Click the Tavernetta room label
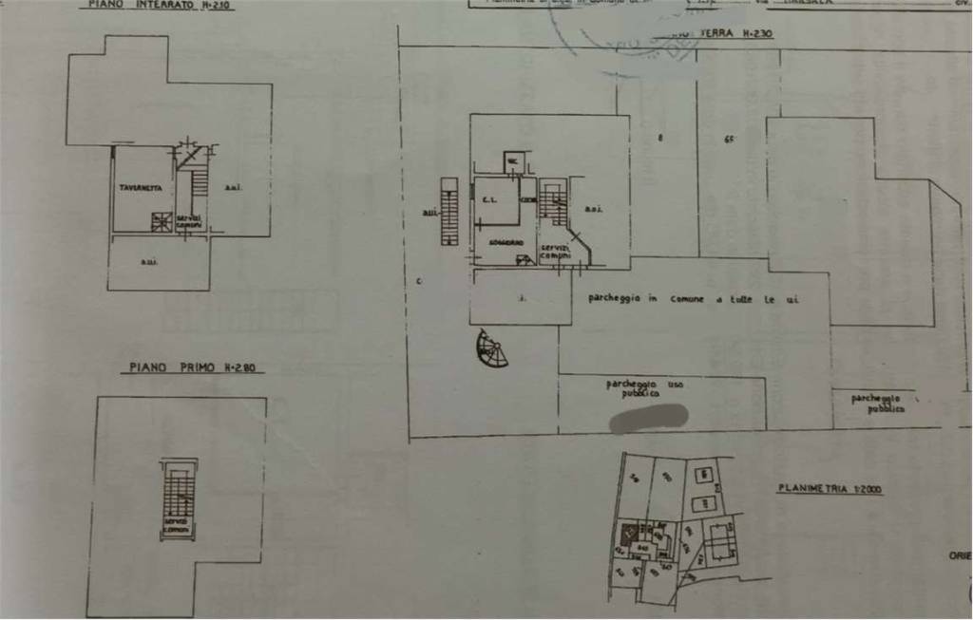pyautogui.click(x=141, y=188)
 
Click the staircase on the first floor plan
pyautogui.click(x=178, y=493)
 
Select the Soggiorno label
pyautogui.click(x=506, y=244)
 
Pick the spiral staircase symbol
pyautogui.click(x=492, y=349)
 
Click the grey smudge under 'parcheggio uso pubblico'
pyautogui.click(x=649, y=417)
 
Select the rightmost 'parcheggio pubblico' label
pyautogui.click(x=878, y=402)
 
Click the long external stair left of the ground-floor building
pyautogui.click(x=449, y=211)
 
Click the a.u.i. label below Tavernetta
pyautogui.click(x=149, y=262)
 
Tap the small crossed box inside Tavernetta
pyautogui.click(x=162, y=222)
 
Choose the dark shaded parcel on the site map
pyautogui.click(x=627, y=534)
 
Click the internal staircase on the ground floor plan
pyautogui.click(x=553, y=202)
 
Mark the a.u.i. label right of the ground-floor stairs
pyautogui.click(x=593, y=209)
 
